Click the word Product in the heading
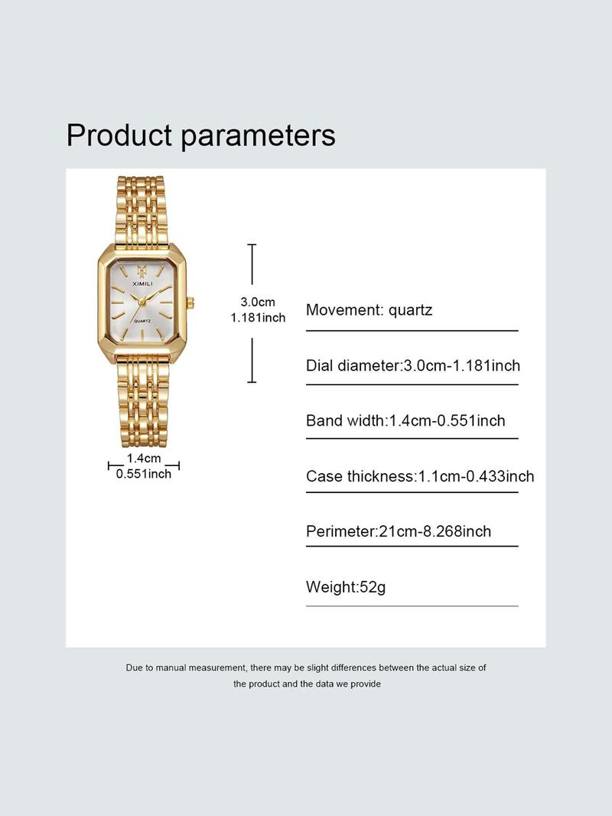[119, 135]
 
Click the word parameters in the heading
[258, 136]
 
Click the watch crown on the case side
[190, 302]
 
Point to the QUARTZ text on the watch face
[142, 321]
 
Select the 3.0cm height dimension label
[258, 302]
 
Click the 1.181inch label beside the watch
[258, 318]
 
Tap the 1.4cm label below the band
[144, 459]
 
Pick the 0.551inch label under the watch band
[144, 474]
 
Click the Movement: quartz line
[369, 310]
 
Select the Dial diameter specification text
[413, 365]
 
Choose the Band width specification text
[405, 420]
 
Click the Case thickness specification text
[420, 476]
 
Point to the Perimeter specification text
[399, 531]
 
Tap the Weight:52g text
[346, 587]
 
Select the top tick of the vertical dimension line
[252, 245]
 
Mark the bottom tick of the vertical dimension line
[252, 382]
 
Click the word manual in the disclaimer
[171, 667]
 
